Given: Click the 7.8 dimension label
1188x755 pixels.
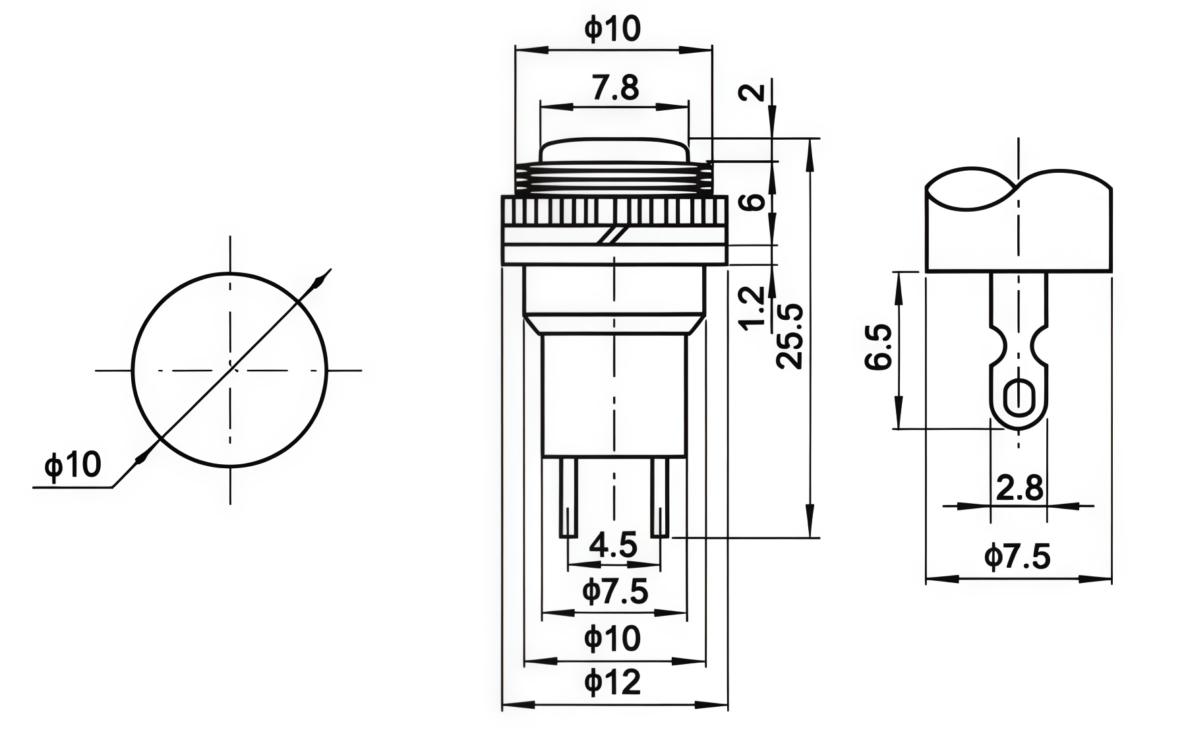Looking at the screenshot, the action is point(615,88).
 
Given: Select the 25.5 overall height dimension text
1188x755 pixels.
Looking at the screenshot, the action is point(790,336).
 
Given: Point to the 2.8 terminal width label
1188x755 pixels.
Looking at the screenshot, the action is point(1020,489).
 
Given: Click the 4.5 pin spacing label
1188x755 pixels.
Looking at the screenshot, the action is point(614,546).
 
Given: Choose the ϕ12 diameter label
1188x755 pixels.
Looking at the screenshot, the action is point(612,682).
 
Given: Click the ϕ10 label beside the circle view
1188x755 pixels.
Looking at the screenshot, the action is point(73,465).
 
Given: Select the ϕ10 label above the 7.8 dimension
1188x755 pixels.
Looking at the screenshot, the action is point(612,30).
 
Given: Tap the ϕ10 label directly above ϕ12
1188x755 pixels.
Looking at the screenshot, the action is point(612,638).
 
